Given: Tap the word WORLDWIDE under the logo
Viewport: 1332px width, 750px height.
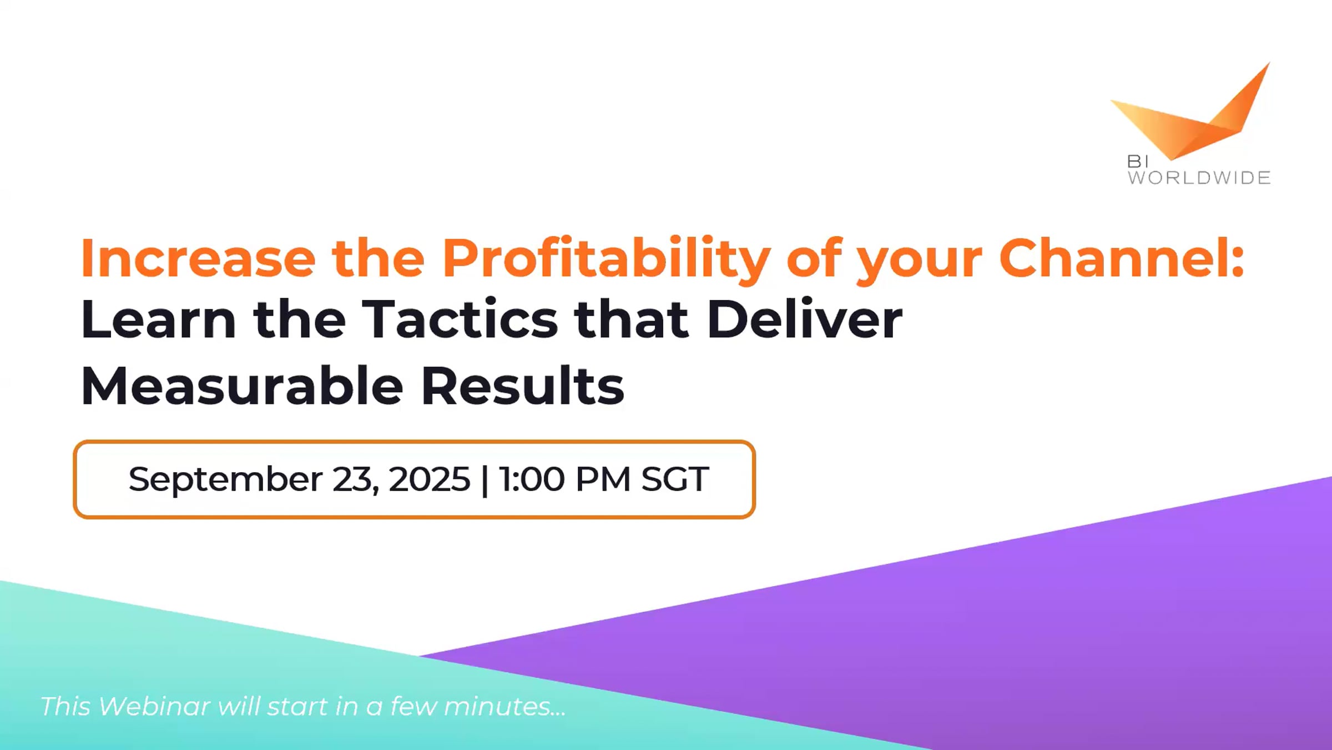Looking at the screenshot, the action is pyautogui.click(x=1199, y=178).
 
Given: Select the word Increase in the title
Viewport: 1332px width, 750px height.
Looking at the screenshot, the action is pyautogui.click(x=198, y=258).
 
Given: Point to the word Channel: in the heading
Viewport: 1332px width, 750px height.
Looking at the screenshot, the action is pyautogui.click(x=1121, y=258).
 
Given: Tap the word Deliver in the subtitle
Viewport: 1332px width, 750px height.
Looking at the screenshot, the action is pyautogui.click(x=805, y=319).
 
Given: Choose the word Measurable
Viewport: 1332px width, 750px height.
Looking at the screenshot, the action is pyautogui.click(x=242, y=386).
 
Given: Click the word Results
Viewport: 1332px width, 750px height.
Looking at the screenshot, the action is pyautogui.click(x=523, y=386).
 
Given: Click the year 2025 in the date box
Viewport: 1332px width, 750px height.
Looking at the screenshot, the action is pyautogui.click(x=430, y=479).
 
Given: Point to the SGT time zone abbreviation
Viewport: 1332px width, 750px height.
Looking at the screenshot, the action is pyautogui.click(x=675, y=479).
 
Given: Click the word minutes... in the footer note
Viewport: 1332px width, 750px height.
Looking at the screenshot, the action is pyautogui.click(x=505, y=707).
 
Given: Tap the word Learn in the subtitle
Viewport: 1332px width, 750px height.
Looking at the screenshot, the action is pyautogui.click(x=159, y=319).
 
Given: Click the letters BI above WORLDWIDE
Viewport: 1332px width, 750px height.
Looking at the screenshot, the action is pyautogui.click(x=1137, y=161).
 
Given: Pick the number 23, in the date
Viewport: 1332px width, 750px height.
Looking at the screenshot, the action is pyautogui.click(x=356, y=481).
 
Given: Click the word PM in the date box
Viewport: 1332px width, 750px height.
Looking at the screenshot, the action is pyautogui.click(x=603, y=479).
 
